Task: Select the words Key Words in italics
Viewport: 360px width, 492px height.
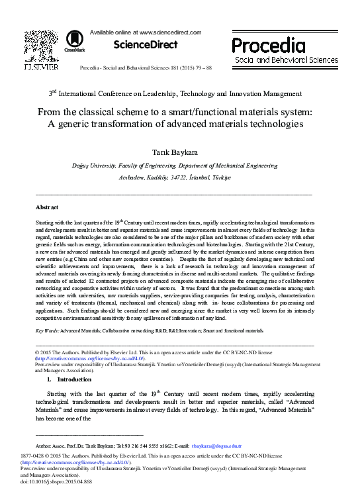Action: pyautogui.click(x=46, y=330)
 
